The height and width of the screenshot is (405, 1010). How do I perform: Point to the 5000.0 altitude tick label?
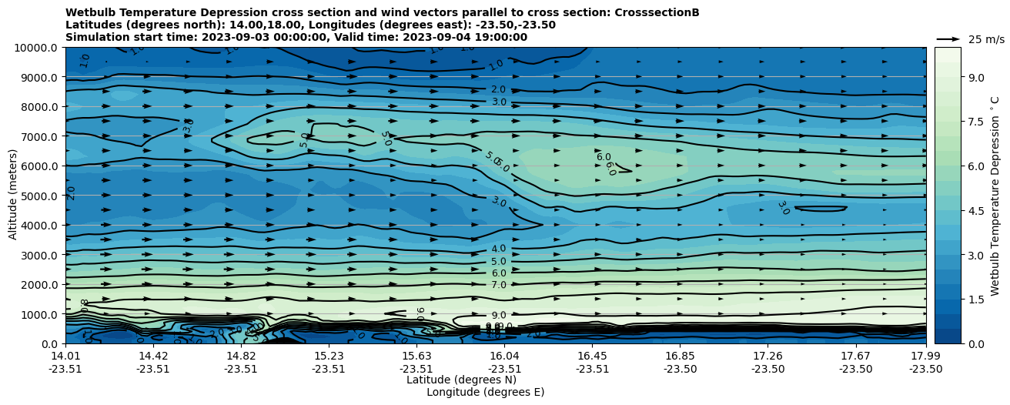coord(38,196)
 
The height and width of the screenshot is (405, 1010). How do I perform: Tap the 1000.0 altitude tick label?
coord(38,314)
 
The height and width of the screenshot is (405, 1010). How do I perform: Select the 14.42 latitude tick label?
coord(153,356)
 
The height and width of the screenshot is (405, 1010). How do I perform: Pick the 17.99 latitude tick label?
coord(925,356)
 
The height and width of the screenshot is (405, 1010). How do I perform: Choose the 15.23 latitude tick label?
coord(329,356)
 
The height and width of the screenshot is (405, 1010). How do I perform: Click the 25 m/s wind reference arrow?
coord(948,38)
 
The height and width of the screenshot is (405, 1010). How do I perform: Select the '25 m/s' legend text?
coord(986,39)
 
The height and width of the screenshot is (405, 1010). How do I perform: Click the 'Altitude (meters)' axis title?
coord(13,196)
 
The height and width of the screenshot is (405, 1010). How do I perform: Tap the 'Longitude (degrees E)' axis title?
coord(485,392)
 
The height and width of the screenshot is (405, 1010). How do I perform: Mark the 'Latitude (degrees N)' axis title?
coord(461,380)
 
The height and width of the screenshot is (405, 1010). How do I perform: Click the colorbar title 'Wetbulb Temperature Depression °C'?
coord(995,196)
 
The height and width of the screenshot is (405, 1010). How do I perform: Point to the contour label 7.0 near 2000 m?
coord(499,285)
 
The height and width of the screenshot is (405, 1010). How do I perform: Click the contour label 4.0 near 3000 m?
coord(499,249)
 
